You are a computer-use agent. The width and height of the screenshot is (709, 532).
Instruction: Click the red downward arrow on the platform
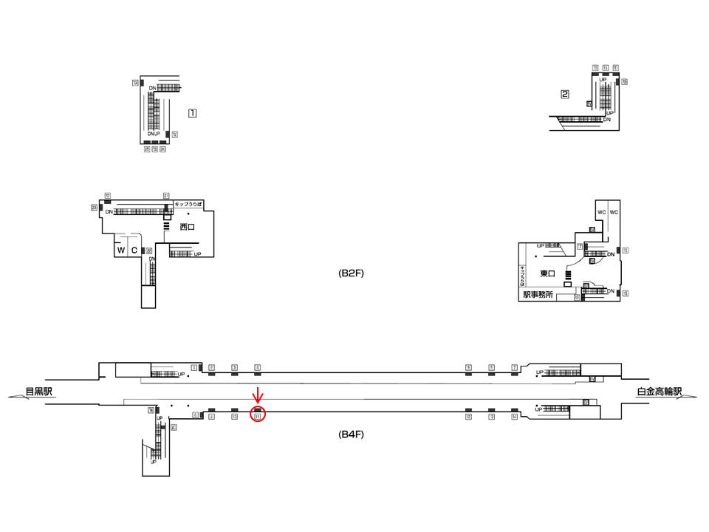[257, 394]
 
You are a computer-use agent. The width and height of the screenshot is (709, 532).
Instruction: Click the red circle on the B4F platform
[258, 415]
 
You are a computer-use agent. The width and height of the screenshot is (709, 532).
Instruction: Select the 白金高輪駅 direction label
[660, 392]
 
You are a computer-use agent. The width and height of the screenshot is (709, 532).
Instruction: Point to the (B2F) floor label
[352, 273]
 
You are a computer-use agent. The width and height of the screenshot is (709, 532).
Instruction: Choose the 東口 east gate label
[547, 273]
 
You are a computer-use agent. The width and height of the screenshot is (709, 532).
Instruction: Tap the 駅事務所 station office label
[538, 294]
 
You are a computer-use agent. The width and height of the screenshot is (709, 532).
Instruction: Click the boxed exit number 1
[192, 114]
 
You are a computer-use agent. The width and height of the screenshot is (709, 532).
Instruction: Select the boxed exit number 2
[565, 94]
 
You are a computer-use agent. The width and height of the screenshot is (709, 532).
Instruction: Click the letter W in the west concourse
[120, 250]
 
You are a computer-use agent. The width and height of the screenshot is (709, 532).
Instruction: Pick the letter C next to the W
[134, 250]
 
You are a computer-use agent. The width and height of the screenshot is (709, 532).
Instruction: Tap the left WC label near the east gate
[602, 212]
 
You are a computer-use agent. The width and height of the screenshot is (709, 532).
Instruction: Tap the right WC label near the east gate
[614, 212]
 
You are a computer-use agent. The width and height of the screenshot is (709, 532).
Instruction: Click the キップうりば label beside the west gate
[188, 203]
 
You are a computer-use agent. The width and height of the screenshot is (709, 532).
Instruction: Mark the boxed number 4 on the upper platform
[257, 367]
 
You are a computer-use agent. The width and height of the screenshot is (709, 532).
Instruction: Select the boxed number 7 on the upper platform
[514, 367]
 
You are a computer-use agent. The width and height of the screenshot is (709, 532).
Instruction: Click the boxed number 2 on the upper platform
[211, 367]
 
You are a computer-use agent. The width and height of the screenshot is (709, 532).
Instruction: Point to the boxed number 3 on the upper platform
[234, 367]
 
